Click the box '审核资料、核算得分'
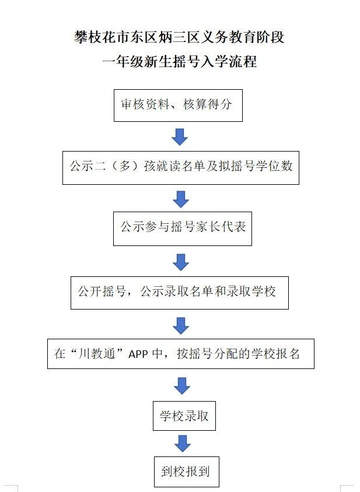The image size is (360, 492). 178,105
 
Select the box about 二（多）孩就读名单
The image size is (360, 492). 180,167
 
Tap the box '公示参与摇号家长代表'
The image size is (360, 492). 183,228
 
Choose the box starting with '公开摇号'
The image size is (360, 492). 180,292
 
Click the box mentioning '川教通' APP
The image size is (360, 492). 180,353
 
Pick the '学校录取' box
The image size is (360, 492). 184,416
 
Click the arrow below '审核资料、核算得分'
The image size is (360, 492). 180,137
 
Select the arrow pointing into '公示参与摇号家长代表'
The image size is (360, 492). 181,199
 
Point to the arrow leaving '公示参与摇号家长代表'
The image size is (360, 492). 181,262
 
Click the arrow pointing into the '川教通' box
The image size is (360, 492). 181,325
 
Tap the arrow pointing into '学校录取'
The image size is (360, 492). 182,385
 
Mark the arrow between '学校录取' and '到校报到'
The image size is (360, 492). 183,444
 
